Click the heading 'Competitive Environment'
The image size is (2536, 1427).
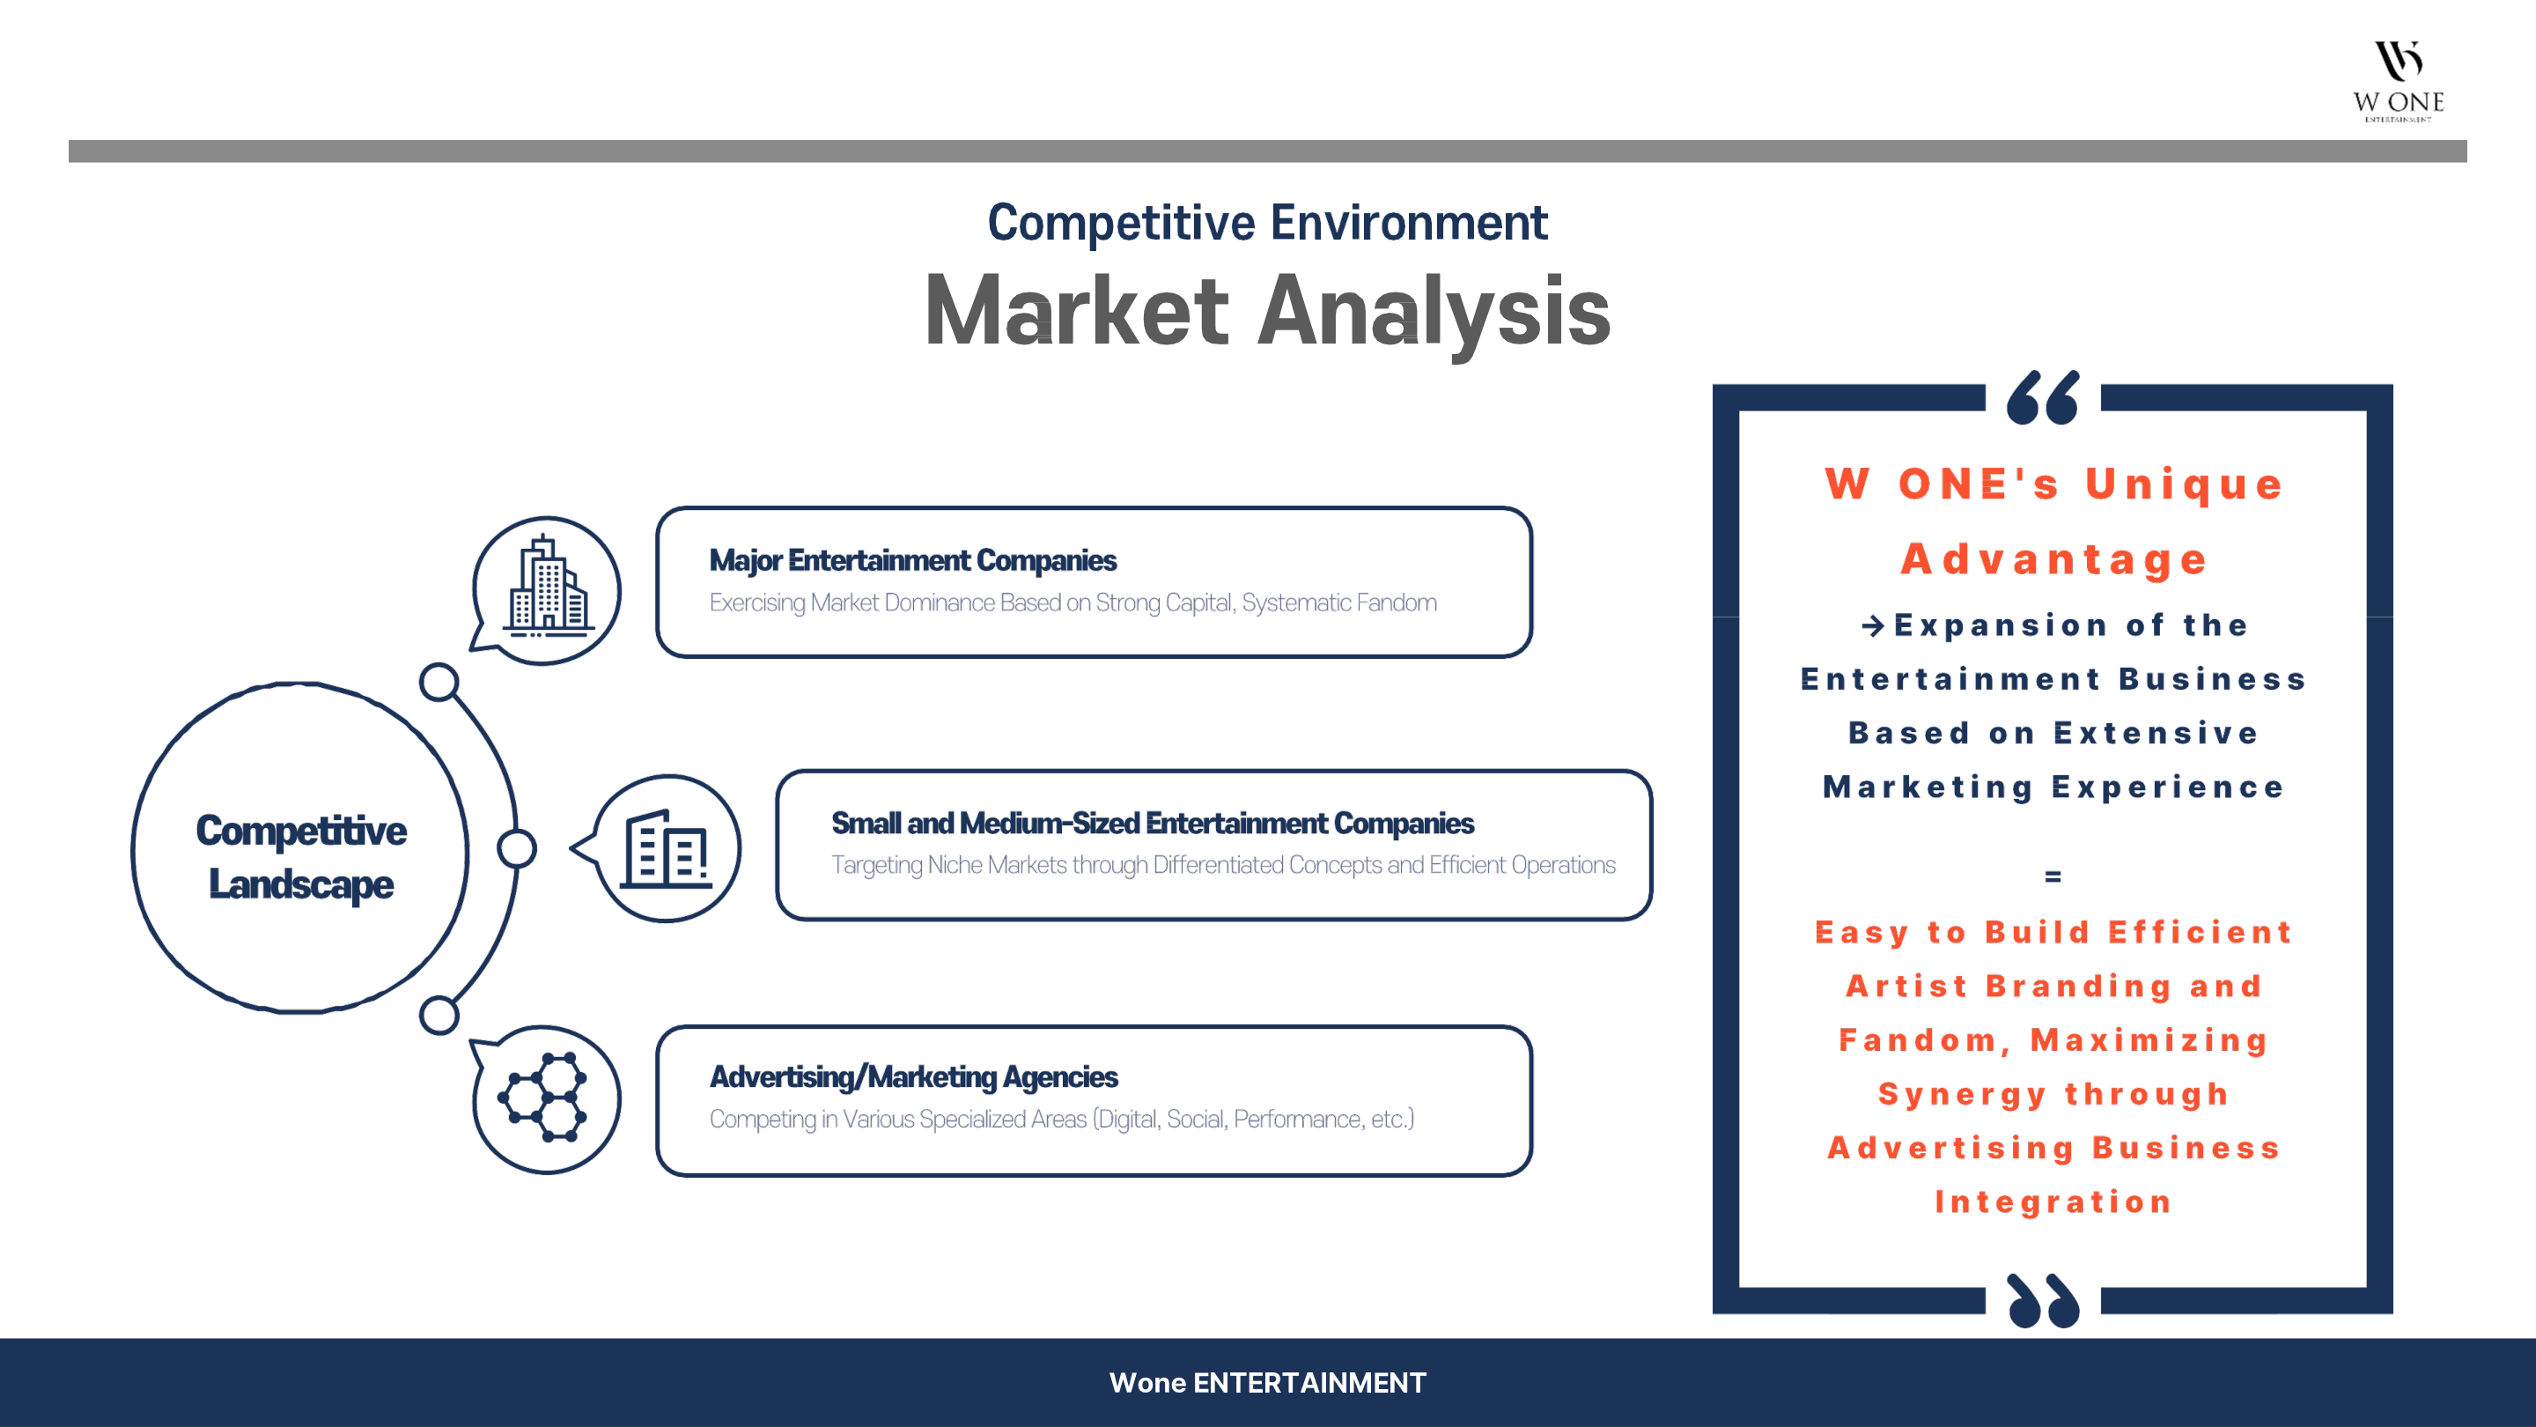[x=1267, y=223]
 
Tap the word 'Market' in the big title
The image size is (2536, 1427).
[x=1077, y=311]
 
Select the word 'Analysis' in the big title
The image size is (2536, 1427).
[x=1434, y=314]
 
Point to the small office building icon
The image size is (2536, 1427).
[x=666, y=849]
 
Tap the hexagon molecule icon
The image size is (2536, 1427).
[x=543, y=1097]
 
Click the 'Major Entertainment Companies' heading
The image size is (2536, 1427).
[x=912, y=560]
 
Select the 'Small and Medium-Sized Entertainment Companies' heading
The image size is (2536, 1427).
[x=1152, y=824]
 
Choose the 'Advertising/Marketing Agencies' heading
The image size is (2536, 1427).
[x=914, y=1076]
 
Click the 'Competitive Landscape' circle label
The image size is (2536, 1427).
[x=301, y=857]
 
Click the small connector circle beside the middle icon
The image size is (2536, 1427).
[x=517, y=849]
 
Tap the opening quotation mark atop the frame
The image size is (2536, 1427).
[x=2043, y=397]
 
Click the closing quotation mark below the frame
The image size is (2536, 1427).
[x=2043, y=1300]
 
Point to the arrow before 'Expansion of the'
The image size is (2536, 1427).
[x=1872, y=625]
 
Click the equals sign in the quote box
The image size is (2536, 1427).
[x=2053, y=876]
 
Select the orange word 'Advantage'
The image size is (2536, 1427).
[x=2053, y=559]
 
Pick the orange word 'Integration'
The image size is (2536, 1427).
[x=2053, y=1201]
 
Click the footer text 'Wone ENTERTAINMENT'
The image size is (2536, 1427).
[x=1267, y=1383]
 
